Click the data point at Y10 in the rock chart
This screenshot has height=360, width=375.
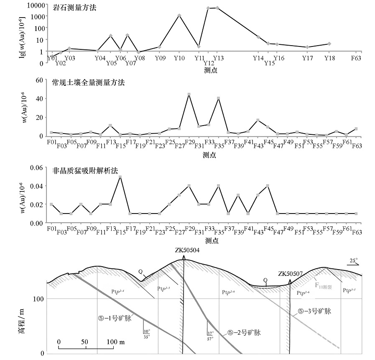pos(179,15)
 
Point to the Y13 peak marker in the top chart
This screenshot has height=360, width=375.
pos(217,8)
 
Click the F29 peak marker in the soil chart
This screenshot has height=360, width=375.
pos(189,94)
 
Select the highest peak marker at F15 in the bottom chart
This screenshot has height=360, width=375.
pos(120,177)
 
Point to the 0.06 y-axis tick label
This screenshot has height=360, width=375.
pos(37,167)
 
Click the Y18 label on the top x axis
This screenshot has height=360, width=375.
pos(329,58)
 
